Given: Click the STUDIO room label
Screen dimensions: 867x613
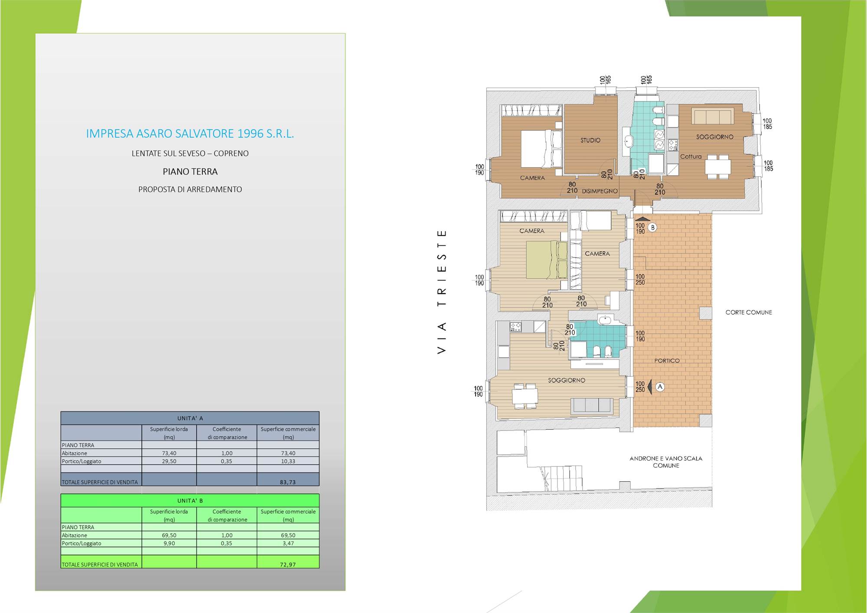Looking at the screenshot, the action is point(590,140).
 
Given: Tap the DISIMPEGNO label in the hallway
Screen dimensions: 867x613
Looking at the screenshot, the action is point(600,191).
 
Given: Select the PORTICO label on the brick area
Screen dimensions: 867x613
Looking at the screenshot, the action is point(667,361).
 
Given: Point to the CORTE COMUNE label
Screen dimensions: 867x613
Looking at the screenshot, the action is point(749,312).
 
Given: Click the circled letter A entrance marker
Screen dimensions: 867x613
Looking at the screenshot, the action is point(660,387).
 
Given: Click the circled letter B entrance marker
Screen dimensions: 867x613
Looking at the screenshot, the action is point(652,227).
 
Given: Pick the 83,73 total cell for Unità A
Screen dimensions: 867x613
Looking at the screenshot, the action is point(288,482).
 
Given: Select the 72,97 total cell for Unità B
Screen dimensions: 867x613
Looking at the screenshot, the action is point(288,564).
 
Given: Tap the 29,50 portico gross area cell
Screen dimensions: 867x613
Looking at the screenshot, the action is point(169,461).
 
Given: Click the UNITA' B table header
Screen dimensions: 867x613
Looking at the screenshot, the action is point(190,501).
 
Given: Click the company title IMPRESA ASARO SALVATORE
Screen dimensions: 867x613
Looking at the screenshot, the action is point(190,134).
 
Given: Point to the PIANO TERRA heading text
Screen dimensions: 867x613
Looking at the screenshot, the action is point(190,172).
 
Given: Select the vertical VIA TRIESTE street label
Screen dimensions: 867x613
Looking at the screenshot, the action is point(442,292).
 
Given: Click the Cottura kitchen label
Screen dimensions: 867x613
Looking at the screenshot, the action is point(691,157).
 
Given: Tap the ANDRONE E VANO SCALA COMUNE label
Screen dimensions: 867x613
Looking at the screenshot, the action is point(666,462).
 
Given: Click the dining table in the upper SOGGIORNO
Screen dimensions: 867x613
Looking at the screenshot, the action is point(717,167).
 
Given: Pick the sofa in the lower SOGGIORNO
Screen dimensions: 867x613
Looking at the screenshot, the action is point(592,405).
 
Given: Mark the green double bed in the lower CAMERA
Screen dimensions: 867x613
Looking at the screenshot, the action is point(547,260).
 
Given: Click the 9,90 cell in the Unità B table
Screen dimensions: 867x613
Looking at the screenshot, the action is point(169,543).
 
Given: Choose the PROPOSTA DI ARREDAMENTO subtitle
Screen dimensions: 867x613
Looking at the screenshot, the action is point(190,189).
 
